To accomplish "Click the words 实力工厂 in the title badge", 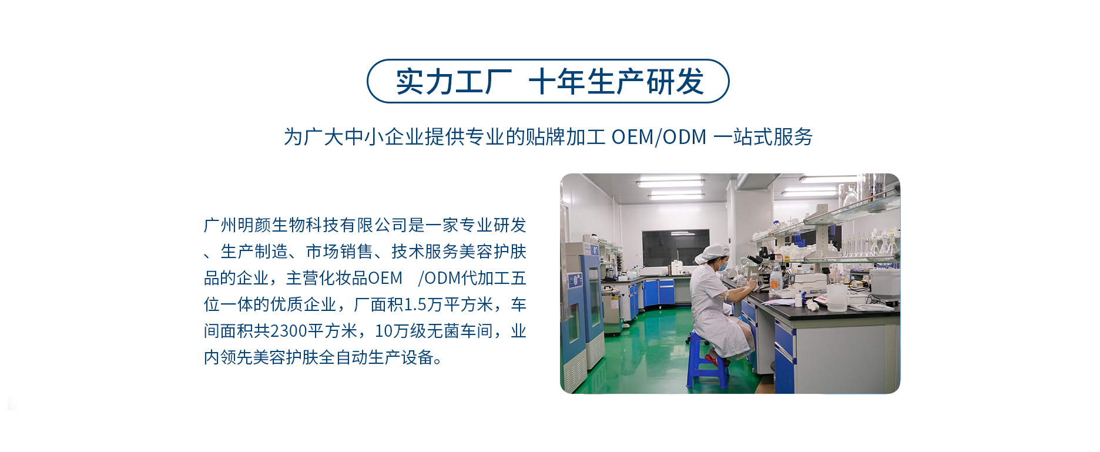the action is pos(454,81).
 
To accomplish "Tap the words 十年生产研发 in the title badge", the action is pos(616,81).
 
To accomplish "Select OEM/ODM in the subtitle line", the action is pos(659,136).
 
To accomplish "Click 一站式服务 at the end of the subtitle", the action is pos(763,136).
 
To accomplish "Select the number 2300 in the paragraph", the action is pos(288,331).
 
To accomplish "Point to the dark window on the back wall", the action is pos(675,247).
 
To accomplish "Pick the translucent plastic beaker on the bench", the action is pos(837,297).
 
